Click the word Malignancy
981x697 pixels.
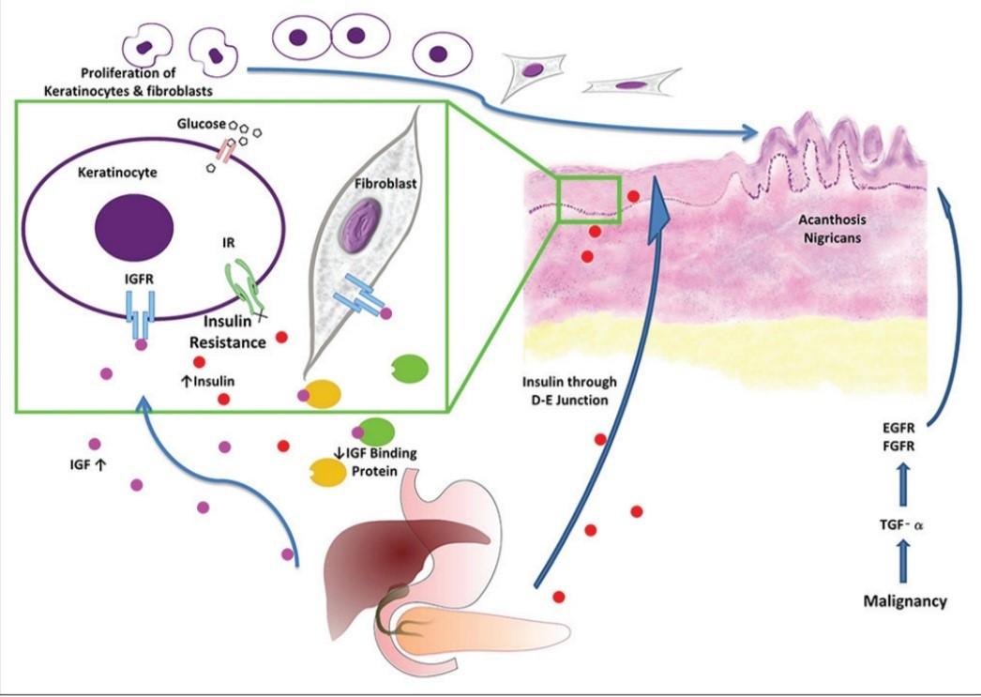[904, 601]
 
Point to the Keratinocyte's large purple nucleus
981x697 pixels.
[133, 226]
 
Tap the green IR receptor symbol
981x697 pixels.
[241, 285]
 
